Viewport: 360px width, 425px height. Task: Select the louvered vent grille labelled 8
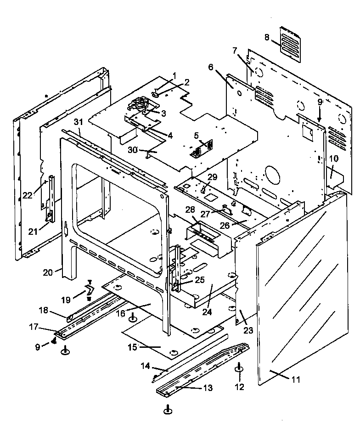click(290, 44)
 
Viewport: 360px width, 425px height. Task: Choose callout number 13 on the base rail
click(208, 388)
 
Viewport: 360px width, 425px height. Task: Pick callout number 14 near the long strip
click(145, 366)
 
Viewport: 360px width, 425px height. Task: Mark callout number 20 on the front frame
click(48, 272)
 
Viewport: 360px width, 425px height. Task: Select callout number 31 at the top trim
click(78, 122)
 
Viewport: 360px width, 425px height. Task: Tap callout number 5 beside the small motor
click(196, 136)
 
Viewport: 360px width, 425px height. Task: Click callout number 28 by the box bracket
click(190, 210)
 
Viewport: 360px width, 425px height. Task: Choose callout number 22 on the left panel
click(27, 195)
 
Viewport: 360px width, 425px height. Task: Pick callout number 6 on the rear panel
click(211, 67)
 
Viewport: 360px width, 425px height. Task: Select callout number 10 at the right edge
click(333, 159)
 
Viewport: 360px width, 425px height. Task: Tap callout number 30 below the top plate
click(133, 150)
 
